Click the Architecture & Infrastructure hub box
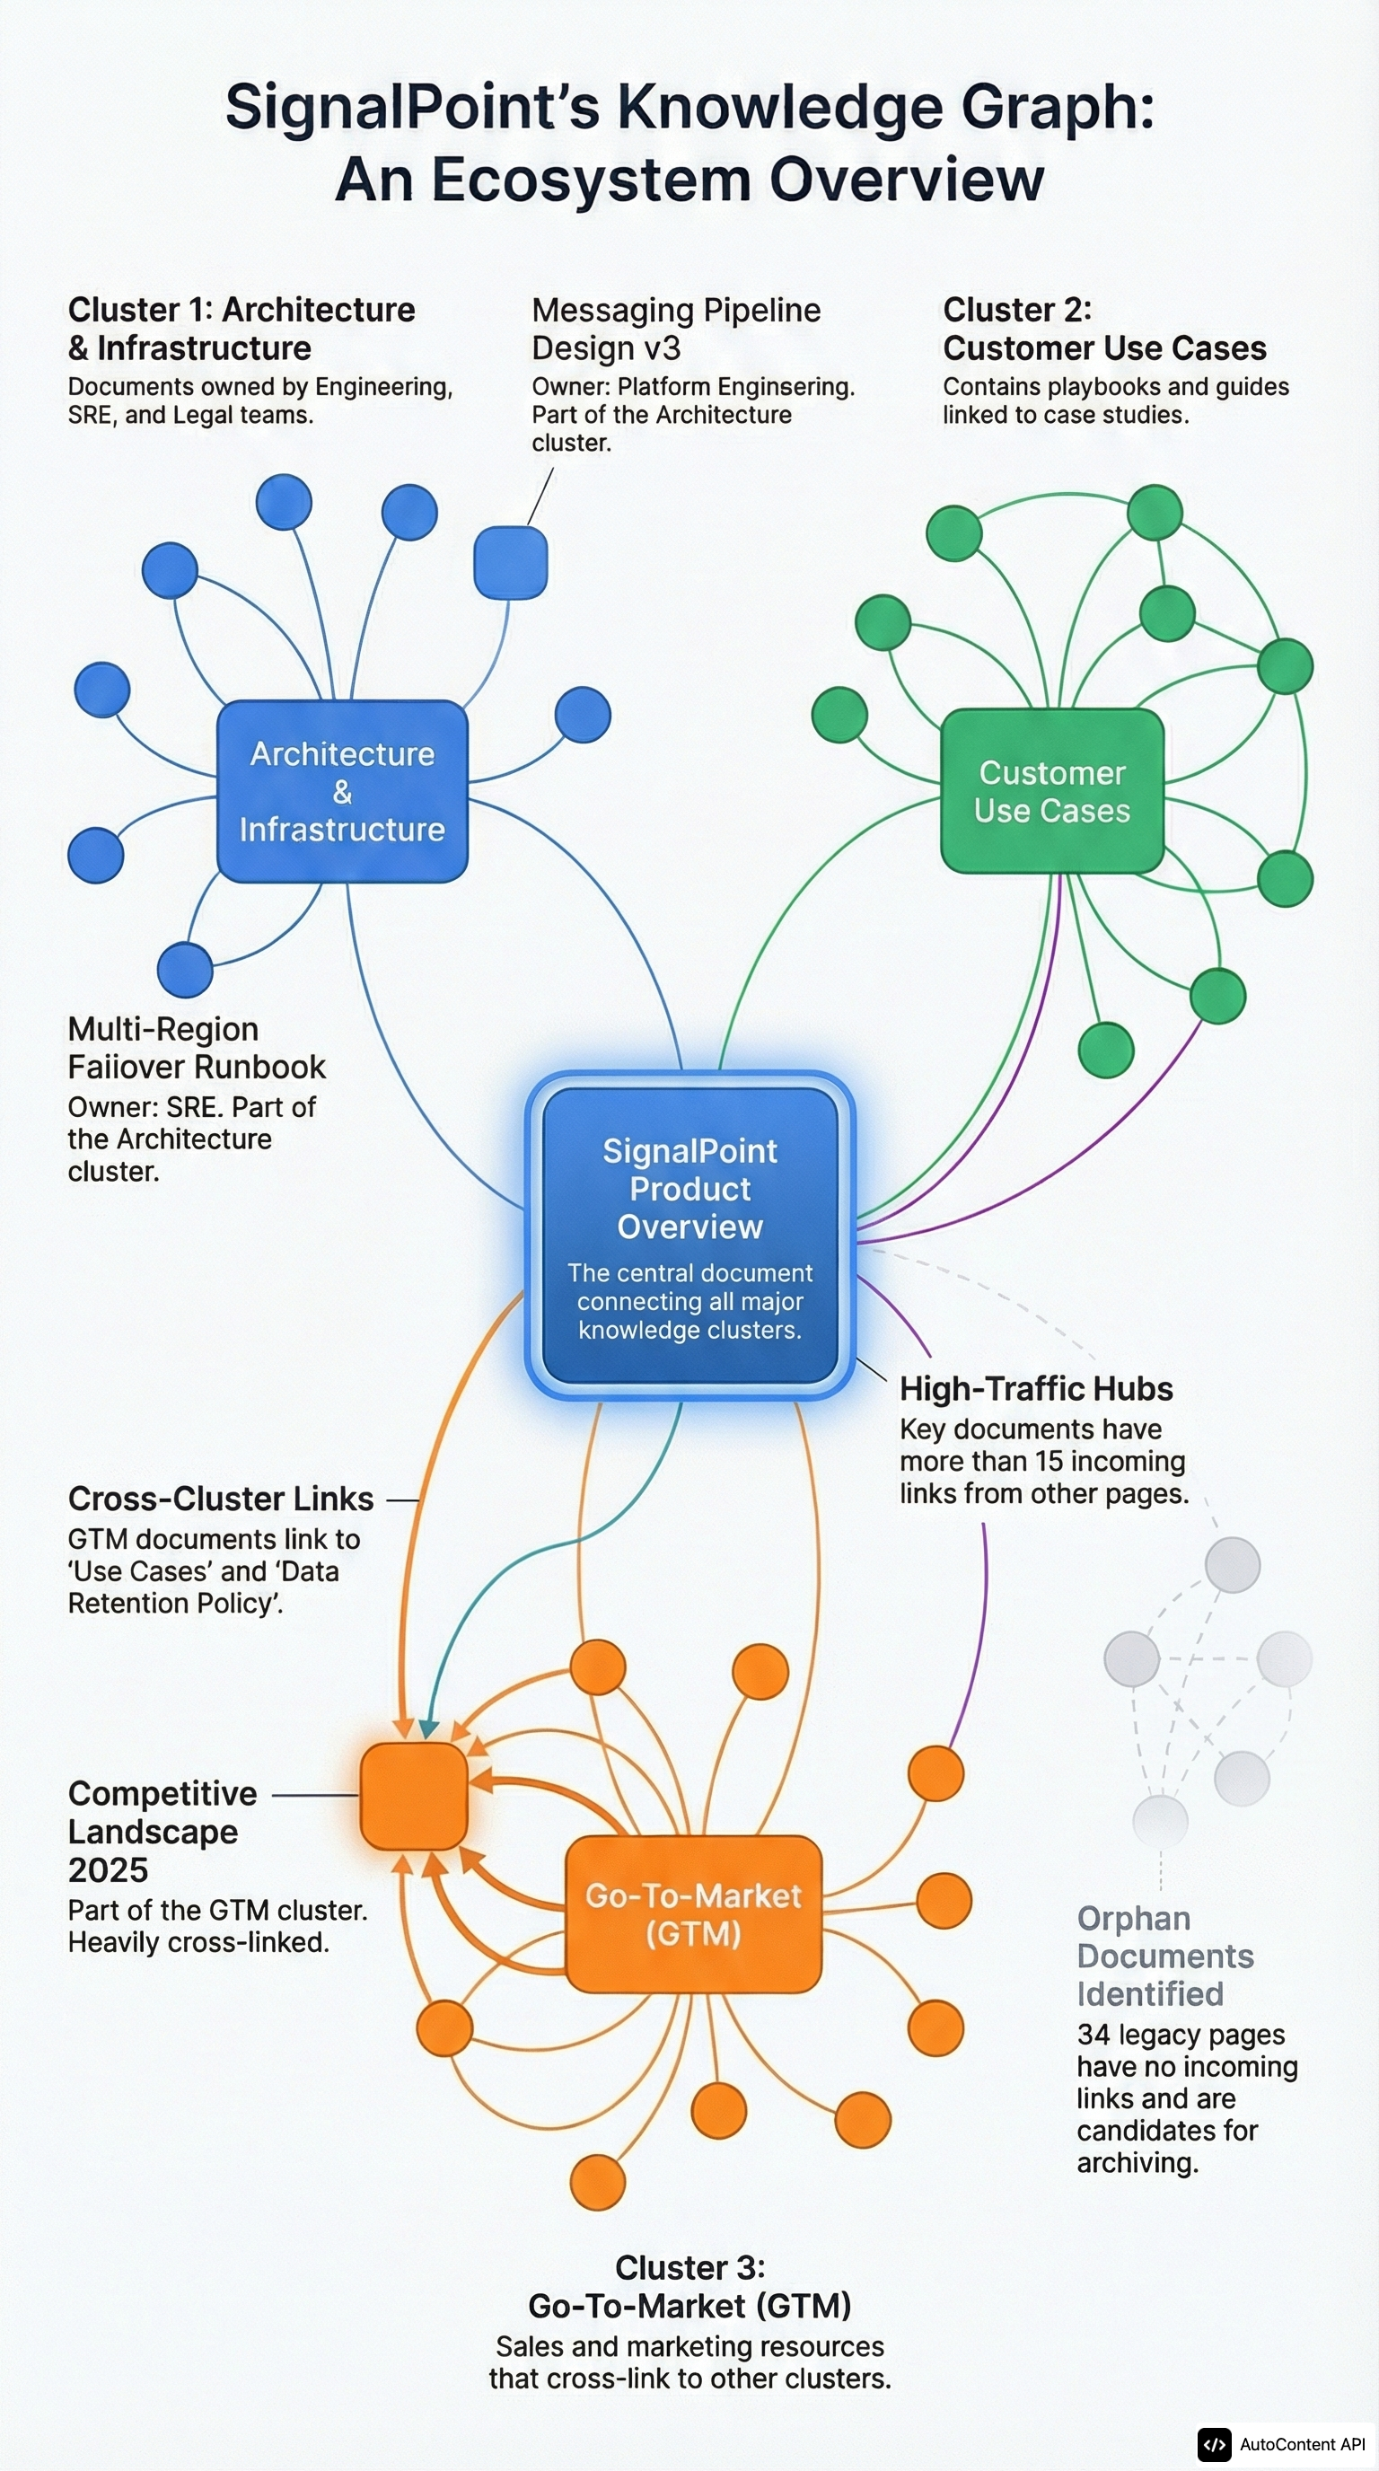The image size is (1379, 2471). pyautogui.click(x=342, y=791)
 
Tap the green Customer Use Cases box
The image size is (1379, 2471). pyautogui.click(x=1052, y=791)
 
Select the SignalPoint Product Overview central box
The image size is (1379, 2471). pyautogui.click(x=689, y=1235)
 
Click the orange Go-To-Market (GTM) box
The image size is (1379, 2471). pyautogui.click(x=693, y=1913)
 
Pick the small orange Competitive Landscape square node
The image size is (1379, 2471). pyautogui.click(x=413, y=1796)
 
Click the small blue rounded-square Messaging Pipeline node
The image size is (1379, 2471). pyautogui.click(x=510, y=562)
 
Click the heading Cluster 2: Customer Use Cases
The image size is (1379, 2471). pyautogui.click(x=1102, y=329)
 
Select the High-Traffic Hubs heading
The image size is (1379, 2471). pyautogui.click(x=1036, y=1389)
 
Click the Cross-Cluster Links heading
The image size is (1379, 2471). pyautogui.click(x=221, y=1499)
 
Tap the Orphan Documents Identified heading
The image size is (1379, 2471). pyautogui.click(x=1164, y=1956)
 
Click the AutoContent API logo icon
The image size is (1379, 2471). pyautogui.click(x=1214, y=2444)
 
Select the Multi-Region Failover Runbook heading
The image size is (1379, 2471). pyautogui.click(x=196, y=1048)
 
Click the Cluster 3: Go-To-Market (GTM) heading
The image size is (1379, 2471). pyautogui.click(x=689, y=2287)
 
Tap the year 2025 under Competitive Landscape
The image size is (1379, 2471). pyautogui.click(x=108, y=1869)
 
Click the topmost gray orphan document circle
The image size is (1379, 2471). pyautogui.click(x=1232, y=1564)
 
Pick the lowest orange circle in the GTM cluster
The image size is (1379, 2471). pyautogui.click(x=597, y=2182)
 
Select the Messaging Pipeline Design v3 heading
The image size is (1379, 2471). pyautogui.click(x=675, y=329)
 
